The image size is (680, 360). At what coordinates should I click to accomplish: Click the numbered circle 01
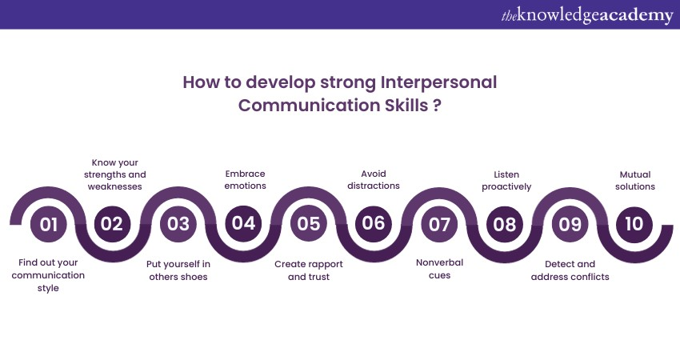pyautogui.click(x=49, y=224)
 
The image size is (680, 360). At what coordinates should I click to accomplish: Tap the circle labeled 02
pyautogui.click(x=112, y=224)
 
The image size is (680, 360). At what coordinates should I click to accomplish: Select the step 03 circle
pyautogui.click(x=178, y=224)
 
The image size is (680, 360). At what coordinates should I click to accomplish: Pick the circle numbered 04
pyautogui.click(x=243, y=224)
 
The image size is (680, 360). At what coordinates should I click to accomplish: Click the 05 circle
pyautogui.click(x=308, y=224)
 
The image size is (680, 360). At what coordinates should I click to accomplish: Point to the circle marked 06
pyautogui.click(x=374, y=224)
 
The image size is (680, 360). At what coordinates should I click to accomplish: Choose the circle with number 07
pyautogui.click(x=439, y=224)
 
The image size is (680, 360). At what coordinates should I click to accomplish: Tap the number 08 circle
pyautogui.click(x=505, y=224)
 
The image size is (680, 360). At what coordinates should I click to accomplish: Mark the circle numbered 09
pyautogui.click(x=570, y=224)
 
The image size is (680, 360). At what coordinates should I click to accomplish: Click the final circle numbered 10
pyautogui.click(x=634, y=224)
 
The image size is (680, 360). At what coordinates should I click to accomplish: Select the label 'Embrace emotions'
pyautogui.click(x=244, y=180)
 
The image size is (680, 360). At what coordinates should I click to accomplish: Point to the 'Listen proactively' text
pyautogui.click(x=505, y=180)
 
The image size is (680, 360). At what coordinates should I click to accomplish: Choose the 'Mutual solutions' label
pyautogui.click(x=637, y=180)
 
